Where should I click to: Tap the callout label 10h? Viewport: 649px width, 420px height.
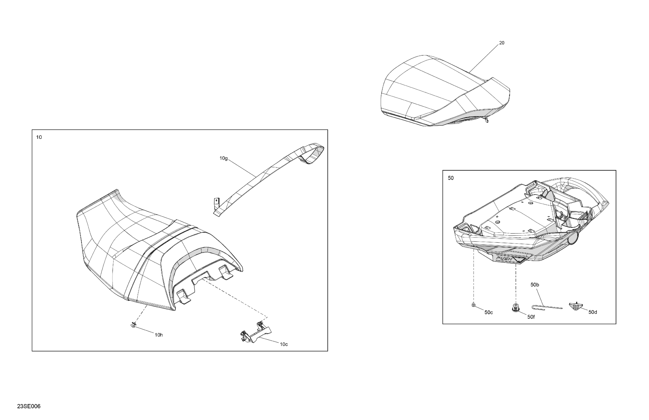click(x=159, y=335)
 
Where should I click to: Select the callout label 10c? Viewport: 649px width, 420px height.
click(x=284, y=344)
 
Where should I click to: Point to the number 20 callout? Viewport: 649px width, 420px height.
click(x=502, y=43)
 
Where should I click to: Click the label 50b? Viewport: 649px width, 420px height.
click(x=535, y=285)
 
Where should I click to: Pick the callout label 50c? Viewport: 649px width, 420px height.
click(x=489, y=312)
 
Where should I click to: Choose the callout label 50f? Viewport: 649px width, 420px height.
click(x=531, y=317)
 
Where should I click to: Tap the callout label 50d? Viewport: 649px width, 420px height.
click(x=593, y=312)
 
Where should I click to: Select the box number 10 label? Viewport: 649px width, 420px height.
click(x=39, y=137)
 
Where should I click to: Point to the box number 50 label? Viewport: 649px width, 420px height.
click(x=451, y=178)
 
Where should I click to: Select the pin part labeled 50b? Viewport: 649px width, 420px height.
click(x=547, y=307)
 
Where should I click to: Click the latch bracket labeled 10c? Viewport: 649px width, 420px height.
click(x=256, y=332)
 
